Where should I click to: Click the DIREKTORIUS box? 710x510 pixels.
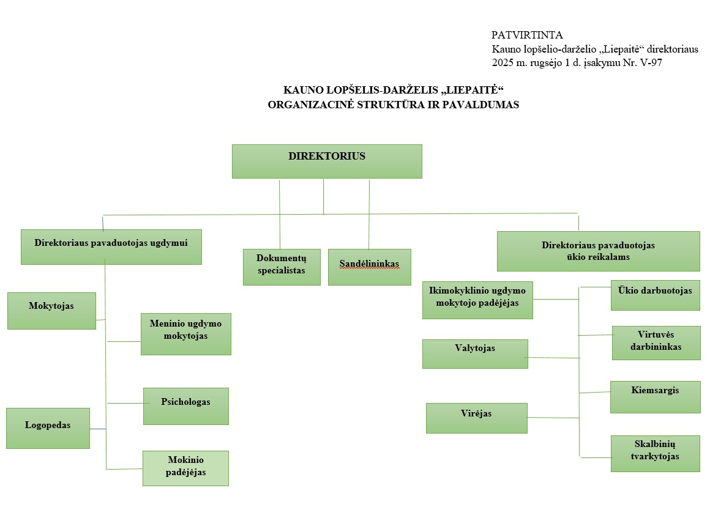(327, 161)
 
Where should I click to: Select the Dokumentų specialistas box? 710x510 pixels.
(282, 267)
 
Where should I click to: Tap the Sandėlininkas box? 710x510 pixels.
(369, 267)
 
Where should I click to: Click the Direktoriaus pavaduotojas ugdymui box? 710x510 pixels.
(111, 246)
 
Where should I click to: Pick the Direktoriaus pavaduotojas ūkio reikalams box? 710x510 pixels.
(598, 251)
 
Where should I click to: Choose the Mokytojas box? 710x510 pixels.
(51, 311)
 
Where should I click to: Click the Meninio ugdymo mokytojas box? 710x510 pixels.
(185, 334)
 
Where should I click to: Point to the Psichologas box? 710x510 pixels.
(185, 405)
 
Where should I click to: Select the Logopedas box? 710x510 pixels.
(48, 428)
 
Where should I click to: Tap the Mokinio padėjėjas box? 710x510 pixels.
(185, 468)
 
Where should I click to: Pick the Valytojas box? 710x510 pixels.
(475, 353)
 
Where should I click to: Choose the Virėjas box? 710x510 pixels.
(476, 418)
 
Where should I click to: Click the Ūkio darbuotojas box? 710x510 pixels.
(655, 295)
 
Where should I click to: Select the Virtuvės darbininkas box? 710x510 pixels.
(656, 342)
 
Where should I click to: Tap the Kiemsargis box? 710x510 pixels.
(655, 396)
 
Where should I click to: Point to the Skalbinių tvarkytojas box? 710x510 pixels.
(655, 453)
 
